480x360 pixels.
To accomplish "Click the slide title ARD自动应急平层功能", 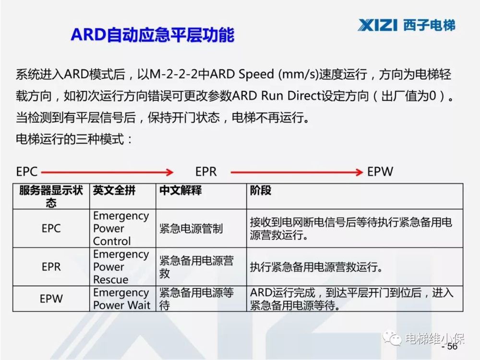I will (x=153, y=36).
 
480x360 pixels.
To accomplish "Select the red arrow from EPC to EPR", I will (x=106, y=172).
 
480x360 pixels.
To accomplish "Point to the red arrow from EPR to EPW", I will (x=297, y=172).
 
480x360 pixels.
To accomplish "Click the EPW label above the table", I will (x=380, y=172).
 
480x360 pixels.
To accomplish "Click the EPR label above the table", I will (x=206, y=172).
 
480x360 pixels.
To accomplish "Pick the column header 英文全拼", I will (x=114, y=191).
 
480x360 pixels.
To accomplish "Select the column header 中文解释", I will (x=180, y=191).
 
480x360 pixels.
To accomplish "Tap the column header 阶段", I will (x=261, y=191).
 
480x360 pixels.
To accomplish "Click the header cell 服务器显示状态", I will (x=51, y=196).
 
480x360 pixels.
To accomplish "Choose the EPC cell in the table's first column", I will (x=51, y=228).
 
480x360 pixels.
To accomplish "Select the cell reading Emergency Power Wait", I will (x=121, y=299).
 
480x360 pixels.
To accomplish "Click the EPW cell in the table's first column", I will (x=51, y=299).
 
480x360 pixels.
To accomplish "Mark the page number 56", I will (x=452, y=347).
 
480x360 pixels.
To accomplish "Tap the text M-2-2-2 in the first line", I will (x=174, y=75).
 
